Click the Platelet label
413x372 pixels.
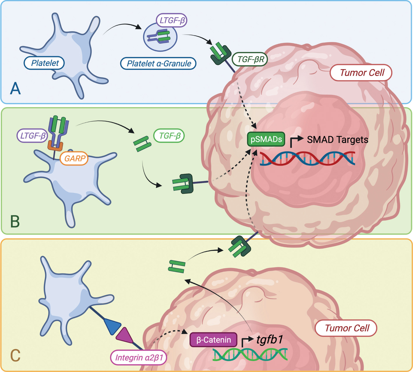44,63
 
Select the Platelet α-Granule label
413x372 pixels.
158,64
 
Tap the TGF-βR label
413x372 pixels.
250,59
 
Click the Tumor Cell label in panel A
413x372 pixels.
361,73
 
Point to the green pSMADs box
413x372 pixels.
266,139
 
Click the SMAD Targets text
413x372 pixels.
337,140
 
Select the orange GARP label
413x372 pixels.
74,159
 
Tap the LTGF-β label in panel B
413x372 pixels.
32,136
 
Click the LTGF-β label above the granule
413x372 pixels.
172,20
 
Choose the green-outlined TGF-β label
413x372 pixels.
169,136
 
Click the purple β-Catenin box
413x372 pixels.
213,340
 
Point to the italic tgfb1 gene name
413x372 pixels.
270,339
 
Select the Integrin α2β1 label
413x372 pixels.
139,357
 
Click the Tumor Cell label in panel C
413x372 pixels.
346,328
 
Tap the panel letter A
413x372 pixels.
15,89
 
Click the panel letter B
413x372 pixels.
15,222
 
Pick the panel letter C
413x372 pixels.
15,355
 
